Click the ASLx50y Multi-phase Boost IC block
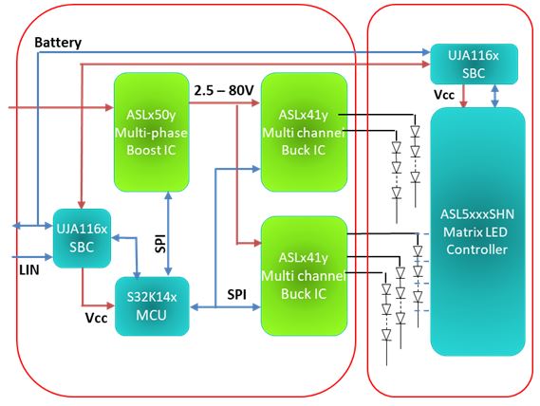coord(152,132)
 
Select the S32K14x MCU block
coord(152,306)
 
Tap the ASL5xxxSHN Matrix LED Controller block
coord(477,231)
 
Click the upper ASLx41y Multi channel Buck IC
coord(304,132)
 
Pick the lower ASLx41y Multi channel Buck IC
coord(304,276)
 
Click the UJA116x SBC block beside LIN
coord(82,238)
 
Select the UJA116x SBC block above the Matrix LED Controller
coord(475,65)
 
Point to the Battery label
coord(58,43)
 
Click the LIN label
coord(29,269)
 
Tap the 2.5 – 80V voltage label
coord(224,90)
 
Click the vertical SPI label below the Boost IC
coord(160,244)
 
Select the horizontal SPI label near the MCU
coord(236,294)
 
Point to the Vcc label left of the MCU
coord(96,318)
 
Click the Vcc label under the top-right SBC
coord(444,95)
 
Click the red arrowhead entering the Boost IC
coord(109,107)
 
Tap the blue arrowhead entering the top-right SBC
coord(426,52)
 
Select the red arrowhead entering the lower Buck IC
coord(257,243)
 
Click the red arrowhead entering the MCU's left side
coord(110,305)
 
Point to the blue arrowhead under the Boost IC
coord(168,195)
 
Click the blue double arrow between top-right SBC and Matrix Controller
coord(494,96)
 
